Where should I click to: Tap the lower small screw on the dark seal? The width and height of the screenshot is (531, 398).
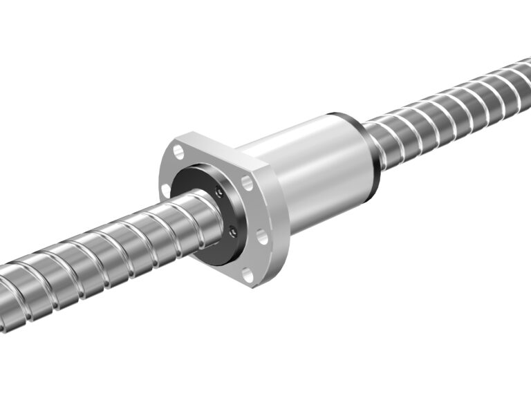tap(232, 232)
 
